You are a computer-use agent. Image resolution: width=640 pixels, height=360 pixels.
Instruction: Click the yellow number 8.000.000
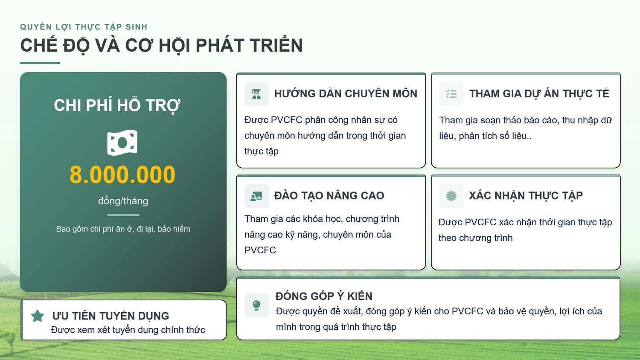(122, 175)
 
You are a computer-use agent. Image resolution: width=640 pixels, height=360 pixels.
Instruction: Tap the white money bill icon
(122, 142)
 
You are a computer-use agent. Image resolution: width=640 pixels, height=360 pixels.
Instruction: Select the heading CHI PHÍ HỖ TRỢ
(117, 105)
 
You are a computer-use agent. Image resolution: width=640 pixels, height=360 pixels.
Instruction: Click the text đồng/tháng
(123, 201)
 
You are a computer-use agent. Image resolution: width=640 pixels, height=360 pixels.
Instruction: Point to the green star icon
(38, 316)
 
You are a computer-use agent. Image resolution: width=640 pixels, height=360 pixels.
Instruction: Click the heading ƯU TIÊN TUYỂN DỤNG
(111, 316)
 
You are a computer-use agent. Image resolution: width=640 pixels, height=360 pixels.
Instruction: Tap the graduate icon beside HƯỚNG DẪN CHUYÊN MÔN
(256, 94)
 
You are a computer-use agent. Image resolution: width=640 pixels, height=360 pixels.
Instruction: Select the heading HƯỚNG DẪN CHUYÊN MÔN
(346, 94)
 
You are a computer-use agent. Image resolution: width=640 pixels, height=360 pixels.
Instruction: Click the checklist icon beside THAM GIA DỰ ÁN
(451, 94)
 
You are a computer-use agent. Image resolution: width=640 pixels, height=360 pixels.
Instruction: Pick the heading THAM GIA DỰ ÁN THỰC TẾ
(539, 94)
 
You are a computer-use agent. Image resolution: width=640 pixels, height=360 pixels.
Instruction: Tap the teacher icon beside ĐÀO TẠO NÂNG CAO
(256, 196)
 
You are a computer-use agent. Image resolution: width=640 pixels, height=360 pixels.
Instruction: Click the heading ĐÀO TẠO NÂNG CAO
(329, 196)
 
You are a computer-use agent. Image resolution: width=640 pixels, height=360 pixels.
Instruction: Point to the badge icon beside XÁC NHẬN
(451, 196)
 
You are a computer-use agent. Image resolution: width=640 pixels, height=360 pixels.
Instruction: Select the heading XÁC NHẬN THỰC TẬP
(526, 196)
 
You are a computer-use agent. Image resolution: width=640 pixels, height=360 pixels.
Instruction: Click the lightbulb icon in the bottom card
(256, 305)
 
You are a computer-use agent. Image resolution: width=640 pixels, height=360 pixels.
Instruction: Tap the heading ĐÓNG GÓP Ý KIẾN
(324, 296)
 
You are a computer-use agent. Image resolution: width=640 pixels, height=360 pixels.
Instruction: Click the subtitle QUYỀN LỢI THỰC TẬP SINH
(84, 27)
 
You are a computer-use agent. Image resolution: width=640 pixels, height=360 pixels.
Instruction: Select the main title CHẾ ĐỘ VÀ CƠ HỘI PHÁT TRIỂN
(161, 46)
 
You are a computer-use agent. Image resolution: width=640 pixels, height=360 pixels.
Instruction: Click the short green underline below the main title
(40, 63)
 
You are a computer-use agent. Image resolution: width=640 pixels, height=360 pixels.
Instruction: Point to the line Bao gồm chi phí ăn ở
(123, 229)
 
